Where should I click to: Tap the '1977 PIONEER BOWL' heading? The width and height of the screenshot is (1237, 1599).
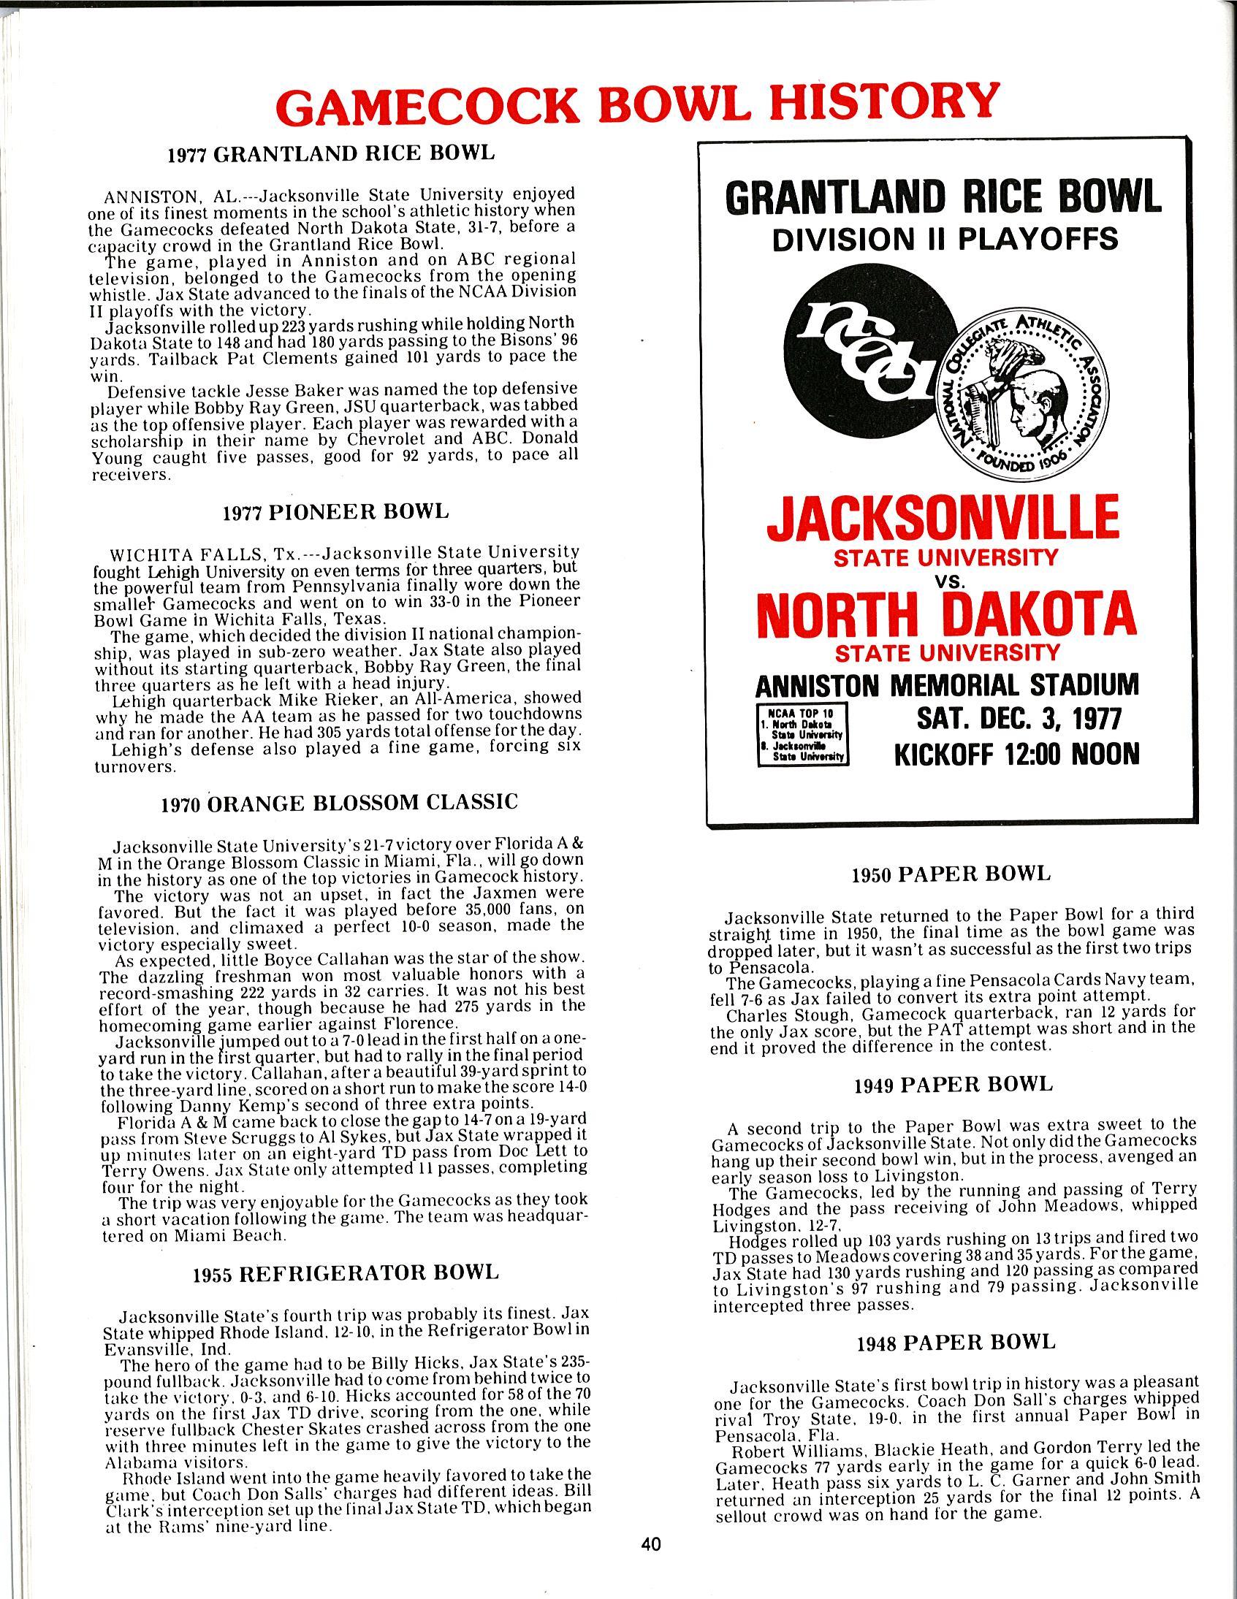pyautogui.click(x=335, y=512)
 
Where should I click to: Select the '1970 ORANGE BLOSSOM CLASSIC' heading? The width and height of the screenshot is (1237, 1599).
pyautogui.click(x=339, y=804)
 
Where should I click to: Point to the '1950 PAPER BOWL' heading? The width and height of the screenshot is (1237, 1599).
pyautogui.click(x=951, y=874)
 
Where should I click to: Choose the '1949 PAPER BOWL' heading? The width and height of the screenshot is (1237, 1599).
pyautogui.click(x=954, y=1085)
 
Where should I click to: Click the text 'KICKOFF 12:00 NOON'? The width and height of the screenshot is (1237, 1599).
pyautogui.click(x=1016, y=753)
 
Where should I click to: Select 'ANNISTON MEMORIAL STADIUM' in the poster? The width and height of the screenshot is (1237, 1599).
pyautogui.click(x=947, y=684)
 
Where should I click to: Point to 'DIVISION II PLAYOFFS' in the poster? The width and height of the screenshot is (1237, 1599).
pyautogui.click(x=945, y=239)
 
